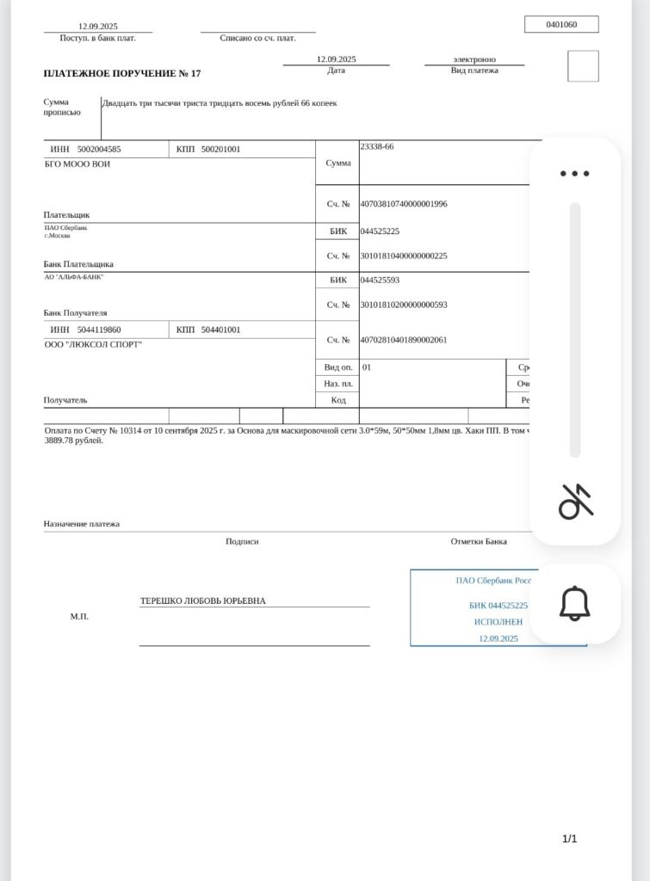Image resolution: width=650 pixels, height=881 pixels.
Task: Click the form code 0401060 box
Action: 560,25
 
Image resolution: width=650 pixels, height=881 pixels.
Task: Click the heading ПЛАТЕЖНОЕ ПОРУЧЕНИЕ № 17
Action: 122,74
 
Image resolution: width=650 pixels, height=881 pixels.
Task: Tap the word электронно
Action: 474,59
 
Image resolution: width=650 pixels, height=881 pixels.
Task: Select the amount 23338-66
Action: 377,147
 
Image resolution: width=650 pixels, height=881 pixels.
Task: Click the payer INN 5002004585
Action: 99,149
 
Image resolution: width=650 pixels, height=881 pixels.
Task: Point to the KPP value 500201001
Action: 220,149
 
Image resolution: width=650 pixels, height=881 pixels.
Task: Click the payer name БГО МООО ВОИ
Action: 77,163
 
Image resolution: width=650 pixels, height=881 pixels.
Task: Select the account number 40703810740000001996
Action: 404,204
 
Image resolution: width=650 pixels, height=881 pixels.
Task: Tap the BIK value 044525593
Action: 380,280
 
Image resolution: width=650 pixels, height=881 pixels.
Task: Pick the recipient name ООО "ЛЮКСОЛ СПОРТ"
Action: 93,344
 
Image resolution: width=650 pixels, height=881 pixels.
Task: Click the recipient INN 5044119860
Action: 99,330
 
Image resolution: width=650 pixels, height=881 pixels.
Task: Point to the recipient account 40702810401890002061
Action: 404,340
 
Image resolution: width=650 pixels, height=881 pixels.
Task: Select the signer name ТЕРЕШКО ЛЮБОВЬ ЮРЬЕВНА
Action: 203,601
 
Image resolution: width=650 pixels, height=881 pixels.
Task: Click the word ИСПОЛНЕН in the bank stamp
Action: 498,621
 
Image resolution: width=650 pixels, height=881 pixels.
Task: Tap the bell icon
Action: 574,603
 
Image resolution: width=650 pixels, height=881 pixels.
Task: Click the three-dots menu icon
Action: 574,173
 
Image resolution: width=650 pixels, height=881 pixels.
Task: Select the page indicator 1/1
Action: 569,839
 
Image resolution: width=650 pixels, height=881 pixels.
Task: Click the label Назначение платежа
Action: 82,523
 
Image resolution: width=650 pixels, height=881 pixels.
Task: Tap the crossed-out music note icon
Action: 575,502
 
